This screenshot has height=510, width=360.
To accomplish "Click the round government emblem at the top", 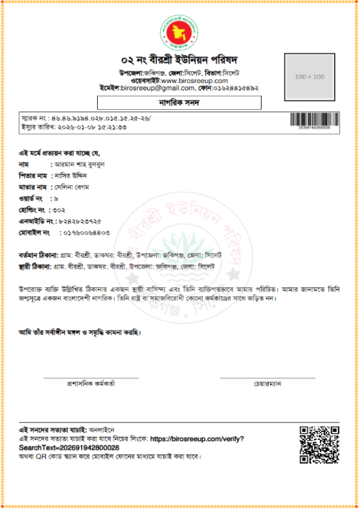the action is coord(180,32).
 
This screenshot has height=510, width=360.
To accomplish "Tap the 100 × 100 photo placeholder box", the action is coord(310,77).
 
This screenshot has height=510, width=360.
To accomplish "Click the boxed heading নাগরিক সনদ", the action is coord(180,103).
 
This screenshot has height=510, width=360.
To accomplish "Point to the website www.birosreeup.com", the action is coord(194,80).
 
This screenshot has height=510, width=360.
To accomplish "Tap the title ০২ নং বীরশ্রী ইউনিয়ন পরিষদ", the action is coord(180,60).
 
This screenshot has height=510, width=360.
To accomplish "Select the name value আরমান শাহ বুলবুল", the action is coord(79,163).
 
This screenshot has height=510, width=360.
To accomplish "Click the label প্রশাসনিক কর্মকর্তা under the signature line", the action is coord(91,383).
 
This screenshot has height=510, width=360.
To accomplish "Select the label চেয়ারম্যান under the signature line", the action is coord(268,383).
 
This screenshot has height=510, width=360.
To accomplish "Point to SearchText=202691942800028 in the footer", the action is coord(69,448).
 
